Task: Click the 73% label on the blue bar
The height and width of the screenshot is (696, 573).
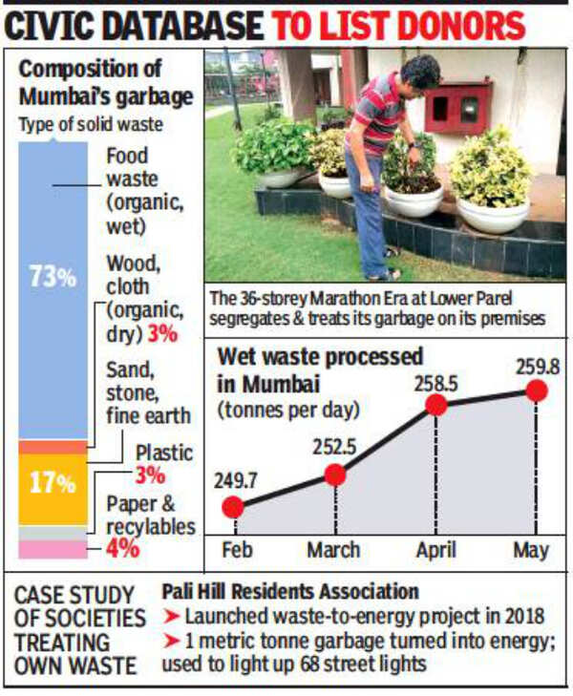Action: (52, 278)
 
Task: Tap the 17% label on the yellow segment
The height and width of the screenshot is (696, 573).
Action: (52, 483)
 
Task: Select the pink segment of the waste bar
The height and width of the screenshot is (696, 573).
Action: (53, 549)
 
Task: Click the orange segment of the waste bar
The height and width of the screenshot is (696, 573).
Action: (53, 447)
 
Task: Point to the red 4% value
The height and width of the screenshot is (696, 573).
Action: (123, 549)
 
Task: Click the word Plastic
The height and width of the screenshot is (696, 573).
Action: (163, 453)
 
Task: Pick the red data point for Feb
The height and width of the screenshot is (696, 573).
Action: (233, 507)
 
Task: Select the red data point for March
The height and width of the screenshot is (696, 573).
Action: (334, 475)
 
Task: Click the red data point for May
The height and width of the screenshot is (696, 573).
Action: (536, 390)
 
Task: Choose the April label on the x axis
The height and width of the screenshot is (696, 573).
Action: (436, 551)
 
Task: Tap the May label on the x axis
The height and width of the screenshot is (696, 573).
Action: (532, 551)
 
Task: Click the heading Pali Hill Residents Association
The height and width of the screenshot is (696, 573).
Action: (290, 592)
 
